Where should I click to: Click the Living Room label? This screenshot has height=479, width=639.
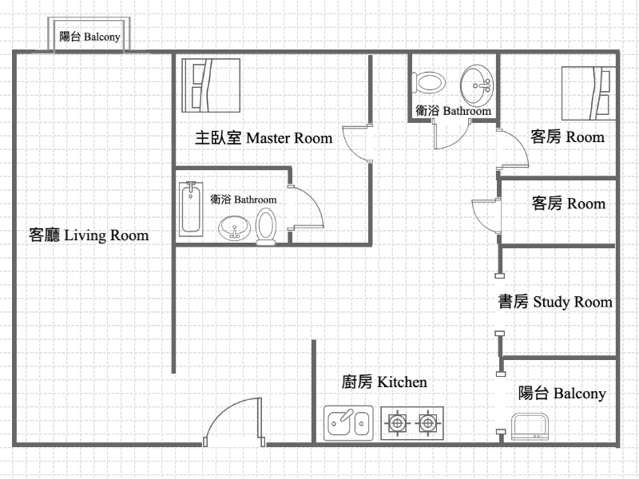(89, 236)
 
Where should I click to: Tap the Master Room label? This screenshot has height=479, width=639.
(264, 137)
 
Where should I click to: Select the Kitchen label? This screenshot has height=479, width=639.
(384, 382)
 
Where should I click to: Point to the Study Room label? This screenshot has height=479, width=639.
(555, 302)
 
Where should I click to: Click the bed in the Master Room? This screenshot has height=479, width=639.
(211, 85)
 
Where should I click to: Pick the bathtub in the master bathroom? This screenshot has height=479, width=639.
(191, 209)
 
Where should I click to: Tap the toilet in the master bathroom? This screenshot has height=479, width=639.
(266, 227)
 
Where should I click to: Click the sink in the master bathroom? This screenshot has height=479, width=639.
(234, 228)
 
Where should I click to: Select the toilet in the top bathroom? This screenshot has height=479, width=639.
(428, 83)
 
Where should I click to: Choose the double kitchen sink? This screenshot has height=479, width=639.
(348, 423)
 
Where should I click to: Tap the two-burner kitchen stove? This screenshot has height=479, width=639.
(412, 423)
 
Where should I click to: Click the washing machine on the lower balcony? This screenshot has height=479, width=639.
(530, 426)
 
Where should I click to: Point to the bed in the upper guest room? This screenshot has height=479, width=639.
(589, 93)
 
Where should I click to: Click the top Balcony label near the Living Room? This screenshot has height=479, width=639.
(89, 37)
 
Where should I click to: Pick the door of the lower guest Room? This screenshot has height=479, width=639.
(486, 216)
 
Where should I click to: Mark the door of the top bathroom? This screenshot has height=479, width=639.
(452, 135)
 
